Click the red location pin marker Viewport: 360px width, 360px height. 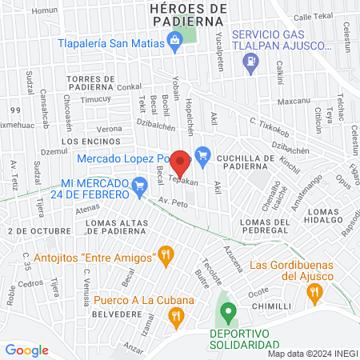point(181,162)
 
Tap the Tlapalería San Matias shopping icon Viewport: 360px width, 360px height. point(175,46)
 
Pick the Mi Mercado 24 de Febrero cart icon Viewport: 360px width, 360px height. point(140,189)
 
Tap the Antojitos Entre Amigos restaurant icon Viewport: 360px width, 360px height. point(166,256)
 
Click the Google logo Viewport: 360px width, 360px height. point(26,350)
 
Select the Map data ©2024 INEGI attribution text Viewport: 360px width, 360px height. point(312,353)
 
